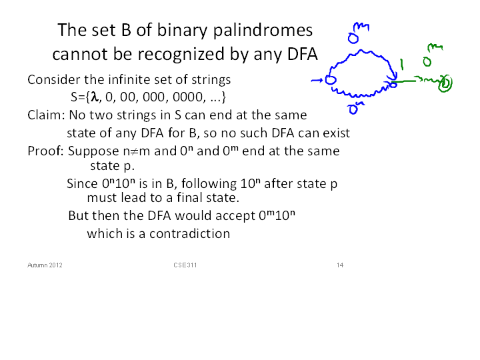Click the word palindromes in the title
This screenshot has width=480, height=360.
(x=263, y=31)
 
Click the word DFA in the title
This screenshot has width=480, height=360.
(x=303, y=54)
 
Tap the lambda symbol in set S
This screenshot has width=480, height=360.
(x=94, y=97)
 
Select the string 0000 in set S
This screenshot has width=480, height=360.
(x=187, y=97)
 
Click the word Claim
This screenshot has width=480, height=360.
(x=46, y=115)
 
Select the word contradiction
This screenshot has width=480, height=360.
(x=189, y=233)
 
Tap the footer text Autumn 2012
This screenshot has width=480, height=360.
(x=45, y=265)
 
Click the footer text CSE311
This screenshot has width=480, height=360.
(x=185, y=265)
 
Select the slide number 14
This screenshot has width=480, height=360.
(x=340, y=265)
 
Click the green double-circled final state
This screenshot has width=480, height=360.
(x=445, y=83)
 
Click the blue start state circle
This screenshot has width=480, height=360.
(x=331, y=80)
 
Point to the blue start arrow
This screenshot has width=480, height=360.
(x=317, y=81)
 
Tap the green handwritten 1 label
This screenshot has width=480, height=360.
(x=401, y=64)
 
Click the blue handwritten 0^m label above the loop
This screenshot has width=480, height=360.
(x=358, y=33)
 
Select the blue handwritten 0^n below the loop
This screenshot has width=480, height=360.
(x=355, y=109)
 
